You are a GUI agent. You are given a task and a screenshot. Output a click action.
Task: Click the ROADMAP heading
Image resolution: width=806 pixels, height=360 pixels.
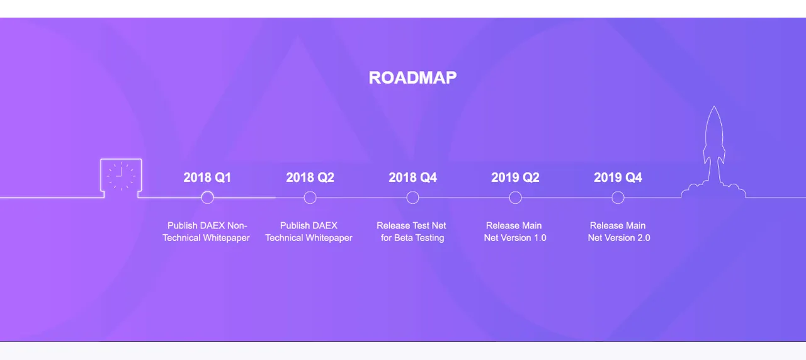pyautogui.click(x=412, y=77)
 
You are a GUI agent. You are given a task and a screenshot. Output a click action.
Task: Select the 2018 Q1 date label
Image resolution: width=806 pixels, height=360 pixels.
pyautogui.click(x=207, y=177)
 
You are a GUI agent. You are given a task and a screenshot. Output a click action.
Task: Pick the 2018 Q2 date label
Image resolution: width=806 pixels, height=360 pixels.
pyautogui.click(x=310, y=177)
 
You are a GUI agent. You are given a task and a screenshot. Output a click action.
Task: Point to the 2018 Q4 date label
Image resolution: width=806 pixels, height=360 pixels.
pyautogui.click(x=412, y=177)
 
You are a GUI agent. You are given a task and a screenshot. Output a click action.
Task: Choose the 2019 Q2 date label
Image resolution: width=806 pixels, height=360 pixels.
pyautogui.click(x=515, y=177)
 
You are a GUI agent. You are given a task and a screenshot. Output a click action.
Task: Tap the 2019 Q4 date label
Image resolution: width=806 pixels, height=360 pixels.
pyautogui.click(x=618, y=177)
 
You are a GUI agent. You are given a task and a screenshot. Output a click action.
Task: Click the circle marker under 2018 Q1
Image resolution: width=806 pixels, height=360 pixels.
pyautogui.click(x=207, y=191)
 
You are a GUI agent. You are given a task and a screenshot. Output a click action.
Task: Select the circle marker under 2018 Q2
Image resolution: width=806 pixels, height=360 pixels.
pyautogui.click(x=310, y=191)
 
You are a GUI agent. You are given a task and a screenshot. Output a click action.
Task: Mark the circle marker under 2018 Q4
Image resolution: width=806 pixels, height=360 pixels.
pyautogui.click(x=412, y=191)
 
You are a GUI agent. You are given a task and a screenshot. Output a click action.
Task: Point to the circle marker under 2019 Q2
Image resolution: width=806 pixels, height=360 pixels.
pyautogui.click(x=515, y=191)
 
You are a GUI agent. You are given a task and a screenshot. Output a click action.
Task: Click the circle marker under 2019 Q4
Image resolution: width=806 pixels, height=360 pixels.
pyautogui.click(x=618, y=191)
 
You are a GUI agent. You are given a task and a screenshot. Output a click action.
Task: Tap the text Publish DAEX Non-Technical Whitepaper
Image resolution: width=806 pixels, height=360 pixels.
pyautogui.click(x=206, y=232)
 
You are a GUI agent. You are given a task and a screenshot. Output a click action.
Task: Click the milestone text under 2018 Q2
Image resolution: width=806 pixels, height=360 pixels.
pyautogui.click(x=309, y=232)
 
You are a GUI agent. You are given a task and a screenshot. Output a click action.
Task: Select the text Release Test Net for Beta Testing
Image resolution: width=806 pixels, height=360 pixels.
pyautogui.click(x=412, y=232)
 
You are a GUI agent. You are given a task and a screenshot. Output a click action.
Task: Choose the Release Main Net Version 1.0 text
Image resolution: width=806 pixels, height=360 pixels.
pyautogui.click(x=515, y=232)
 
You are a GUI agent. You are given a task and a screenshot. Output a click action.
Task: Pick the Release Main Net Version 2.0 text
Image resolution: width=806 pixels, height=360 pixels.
pyautogui.click(x=619, y=232)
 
